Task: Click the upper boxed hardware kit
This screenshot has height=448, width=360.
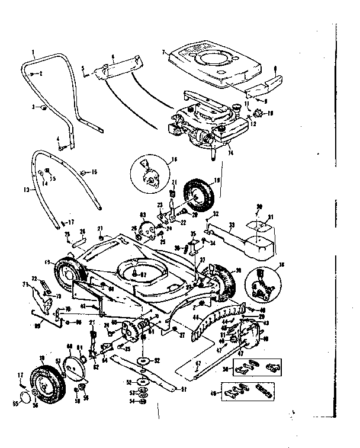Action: point(255,367)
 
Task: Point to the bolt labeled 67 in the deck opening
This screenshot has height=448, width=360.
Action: point(136,274)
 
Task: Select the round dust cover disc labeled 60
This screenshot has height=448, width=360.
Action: point(75,367)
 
